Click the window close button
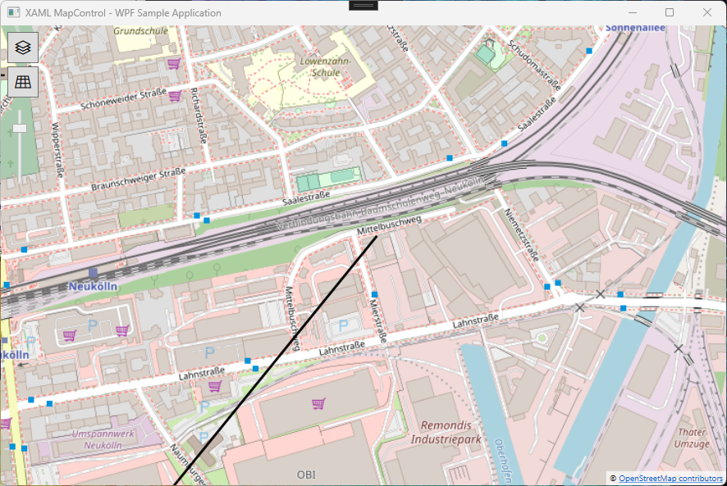(706, 12)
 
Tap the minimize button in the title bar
(632, 12)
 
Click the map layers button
(23, 48)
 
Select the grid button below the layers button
(23, 81)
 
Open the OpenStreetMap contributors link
(670, 478)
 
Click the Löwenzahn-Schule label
(325, 66)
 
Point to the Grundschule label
(141, 31)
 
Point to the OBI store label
(305, 475)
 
